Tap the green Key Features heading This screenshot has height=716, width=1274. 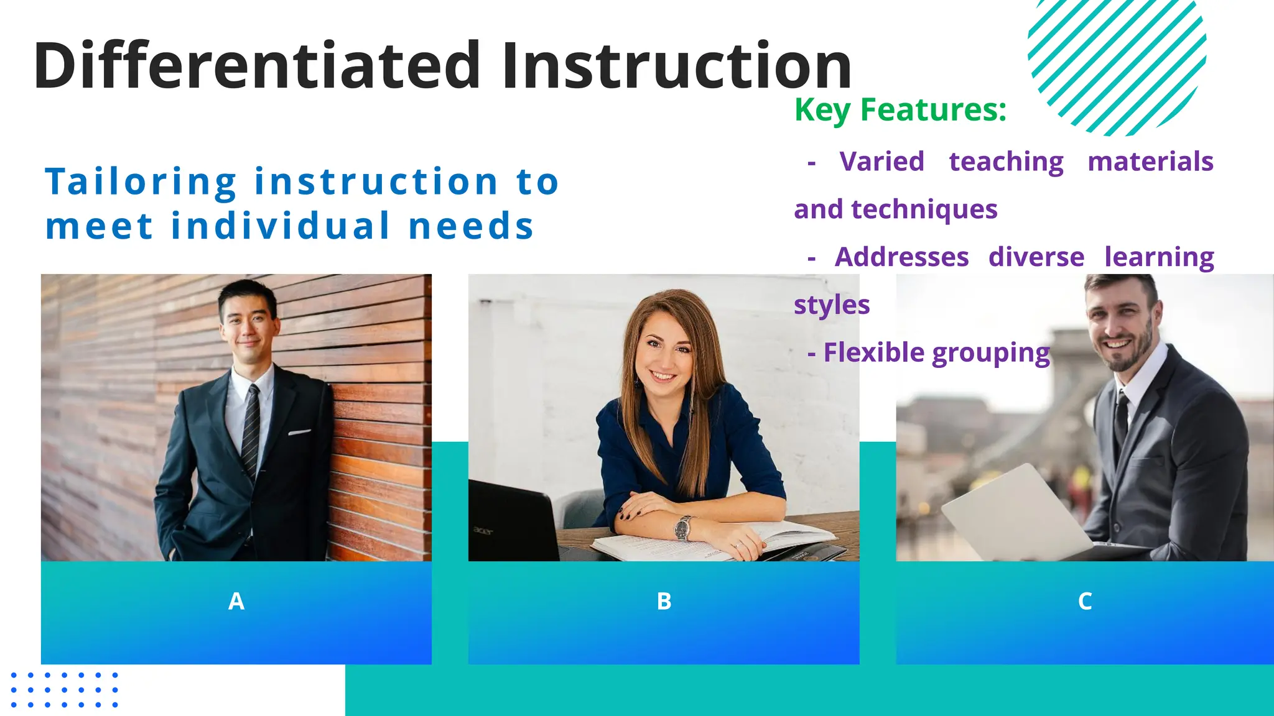point(900,110)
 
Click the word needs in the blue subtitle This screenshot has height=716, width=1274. point(472,226)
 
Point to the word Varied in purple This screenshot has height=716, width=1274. point(881,162)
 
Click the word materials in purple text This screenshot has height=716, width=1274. point(1150,162)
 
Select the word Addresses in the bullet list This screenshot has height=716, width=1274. point(901,257)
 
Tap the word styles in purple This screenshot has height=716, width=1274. point(832,305)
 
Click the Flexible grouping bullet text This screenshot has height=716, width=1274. point(936,352)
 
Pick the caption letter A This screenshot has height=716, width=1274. point(236,601)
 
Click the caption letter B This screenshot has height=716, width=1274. point(664,601)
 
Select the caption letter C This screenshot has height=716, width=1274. point(1085,601)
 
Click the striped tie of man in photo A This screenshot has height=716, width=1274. point(251,429)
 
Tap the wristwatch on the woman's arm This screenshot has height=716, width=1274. point(682,528)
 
